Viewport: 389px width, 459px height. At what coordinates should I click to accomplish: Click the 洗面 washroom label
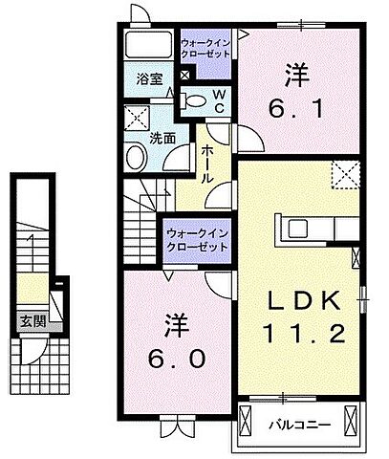pyautogui.click(x=162, y=137)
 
